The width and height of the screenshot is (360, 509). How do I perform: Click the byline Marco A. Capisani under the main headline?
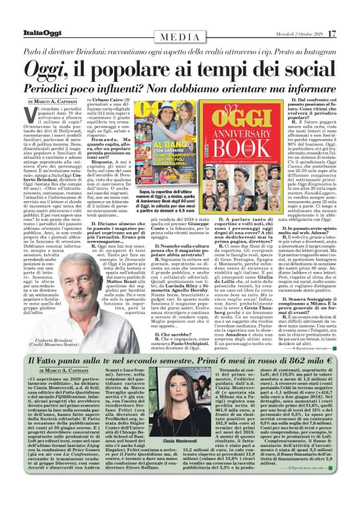tap(59, 101)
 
